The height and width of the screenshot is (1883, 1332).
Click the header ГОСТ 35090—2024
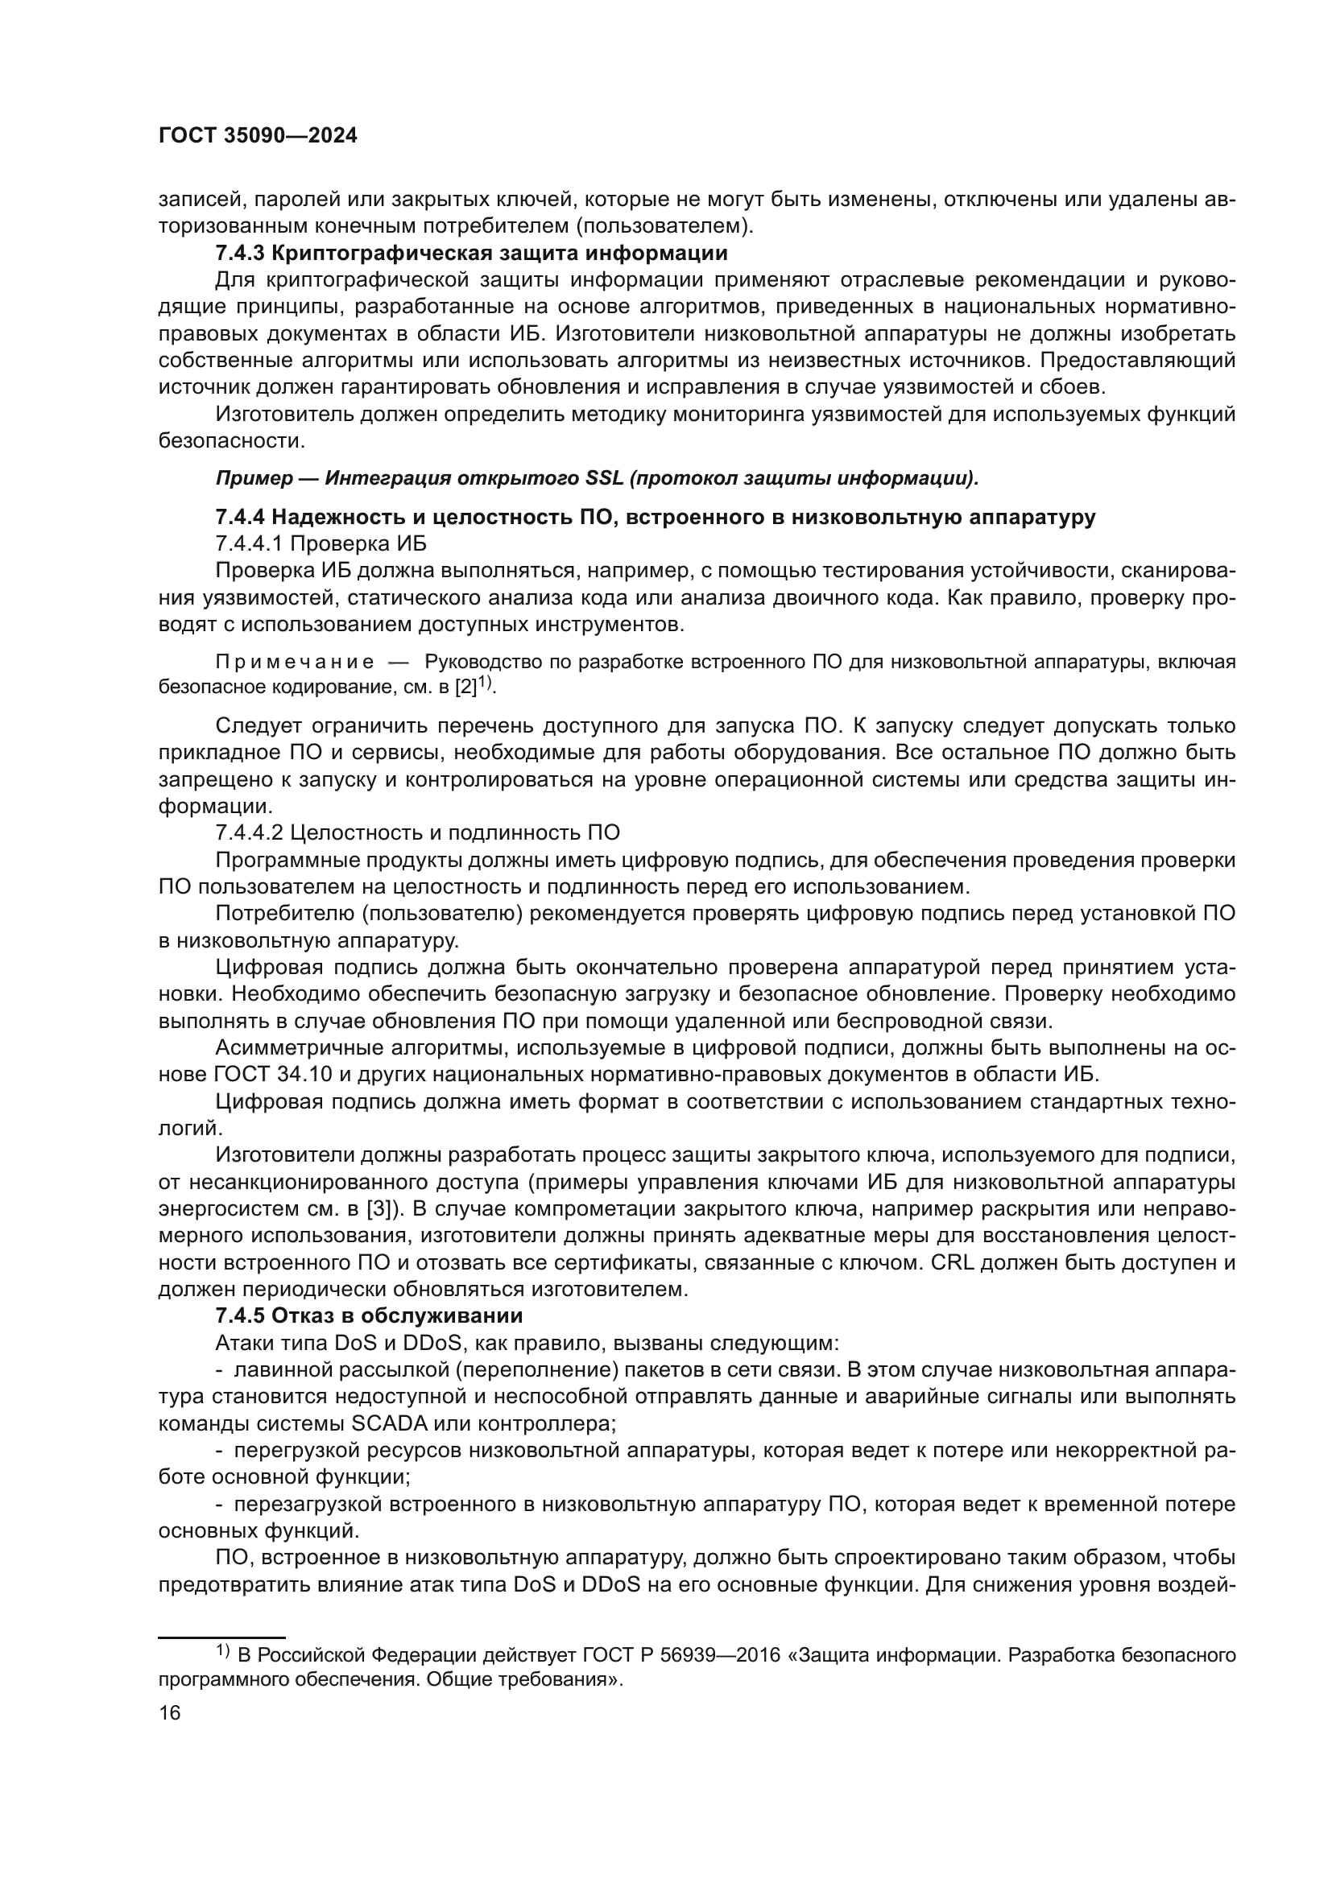pyautogui.click(x=258, y=136)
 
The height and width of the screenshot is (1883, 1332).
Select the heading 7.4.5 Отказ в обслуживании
pyautogui.click(x=369, y=1316)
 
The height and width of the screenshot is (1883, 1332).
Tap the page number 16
pyautogui.click(x=170, y=1713)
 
